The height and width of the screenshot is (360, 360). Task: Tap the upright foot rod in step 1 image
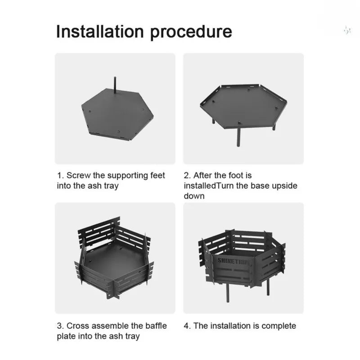[115, 85]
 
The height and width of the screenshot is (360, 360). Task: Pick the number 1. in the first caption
[60, 175]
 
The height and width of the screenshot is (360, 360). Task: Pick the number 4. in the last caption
[187, 325]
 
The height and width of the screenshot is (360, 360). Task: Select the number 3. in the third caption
[60, 325]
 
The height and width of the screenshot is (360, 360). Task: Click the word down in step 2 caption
[194, 196]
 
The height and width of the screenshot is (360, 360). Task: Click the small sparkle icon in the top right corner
[346, 30]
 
